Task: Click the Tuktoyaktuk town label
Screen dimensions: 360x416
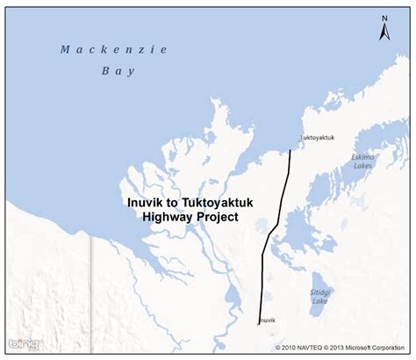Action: click(x=317, y=137)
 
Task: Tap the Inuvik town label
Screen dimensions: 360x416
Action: click(x=267, y=321)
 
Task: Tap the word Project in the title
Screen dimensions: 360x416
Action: click(x=219, y=215)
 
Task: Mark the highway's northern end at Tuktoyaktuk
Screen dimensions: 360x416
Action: click(x=290, y=150)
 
